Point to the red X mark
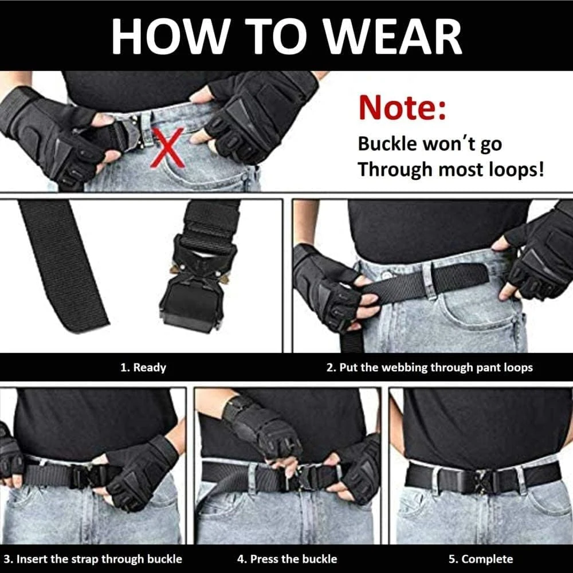(x=167, y=148)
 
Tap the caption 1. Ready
(x=143, y=367)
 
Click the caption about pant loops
(x=430, y=367)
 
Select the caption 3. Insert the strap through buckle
(x=92, y=559)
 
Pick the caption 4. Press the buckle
(x=287, y=559)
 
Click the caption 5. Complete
(x=480, y=559)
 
